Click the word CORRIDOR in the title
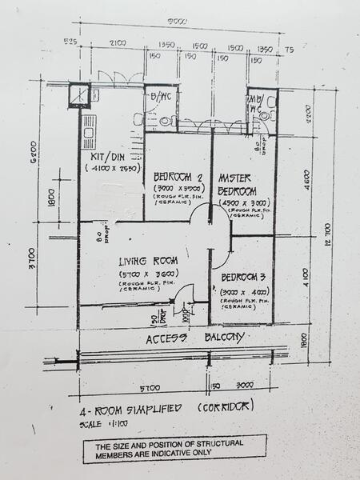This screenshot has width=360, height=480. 229,405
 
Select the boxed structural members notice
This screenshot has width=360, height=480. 174,446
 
